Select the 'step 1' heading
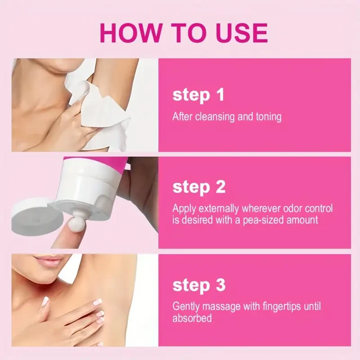point(198,95)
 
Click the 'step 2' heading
point(199,187)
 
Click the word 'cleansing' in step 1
point(215,117)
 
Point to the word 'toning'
point(266,117)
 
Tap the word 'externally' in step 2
point(217,209)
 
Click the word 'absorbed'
point(192,318)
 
